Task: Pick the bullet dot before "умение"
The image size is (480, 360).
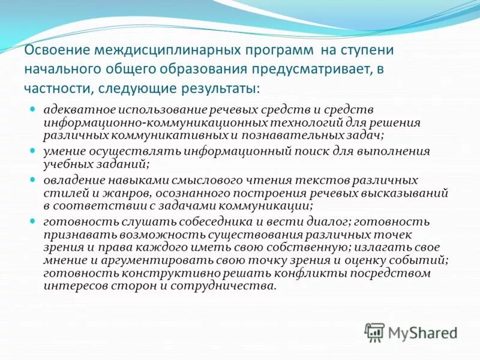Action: [34, 151]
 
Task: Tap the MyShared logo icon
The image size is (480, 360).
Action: [374, 332]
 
